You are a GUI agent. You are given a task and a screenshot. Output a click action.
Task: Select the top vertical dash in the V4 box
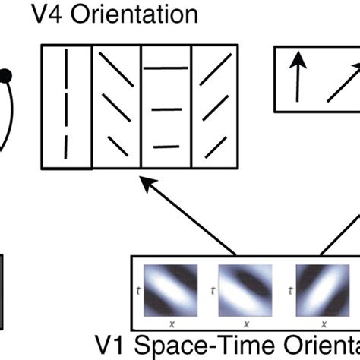tap(66, 66)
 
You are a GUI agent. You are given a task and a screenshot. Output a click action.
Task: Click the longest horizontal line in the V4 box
tap(166, 69)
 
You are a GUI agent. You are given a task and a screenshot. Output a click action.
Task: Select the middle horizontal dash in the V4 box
tap(166, 111)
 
